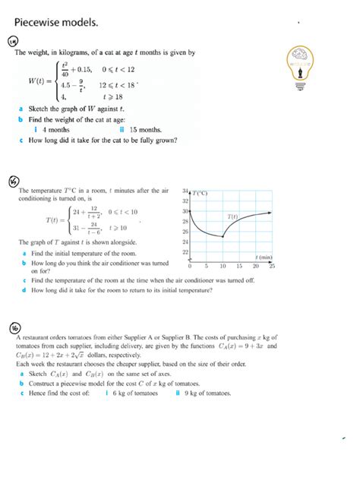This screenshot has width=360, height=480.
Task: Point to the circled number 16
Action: point(14,327)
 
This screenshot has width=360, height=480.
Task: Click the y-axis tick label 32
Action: point(185,201)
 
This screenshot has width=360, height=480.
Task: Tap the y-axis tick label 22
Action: point(185,252)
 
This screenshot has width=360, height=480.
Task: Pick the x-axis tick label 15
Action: point(239,267)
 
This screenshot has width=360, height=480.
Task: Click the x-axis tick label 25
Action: point(272,267)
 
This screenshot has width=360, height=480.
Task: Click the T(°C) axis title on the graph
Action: point(200,193)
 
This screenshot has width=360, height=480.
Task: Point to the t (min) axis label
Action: point(264,258)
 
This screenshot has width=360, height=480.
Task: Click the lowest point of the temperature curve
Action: point(223,238)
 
